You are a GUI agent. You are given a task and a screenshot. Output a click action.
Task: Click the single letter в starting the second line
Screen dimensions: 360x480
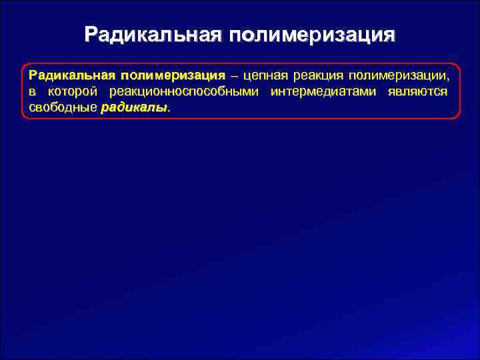pyautogui.click(x=31, y=91)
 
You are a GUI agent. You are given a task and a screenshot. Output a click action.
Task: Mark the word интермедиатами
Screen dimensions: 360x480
pyautogui.click(x=323, y=91)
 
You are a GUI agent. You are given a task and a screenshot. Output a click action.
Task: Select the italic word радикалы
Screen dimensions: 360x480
pyautogui.click(x=133, y=107)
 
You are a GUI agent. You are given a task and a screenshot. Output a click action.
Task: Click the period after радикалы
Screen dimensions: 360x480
pyautogui.click(x=169, y=110)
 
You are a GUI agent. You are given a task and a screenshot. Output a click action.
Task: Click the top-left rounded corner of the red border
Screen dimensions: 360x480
pyautogui.click(x=25, y=67)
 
